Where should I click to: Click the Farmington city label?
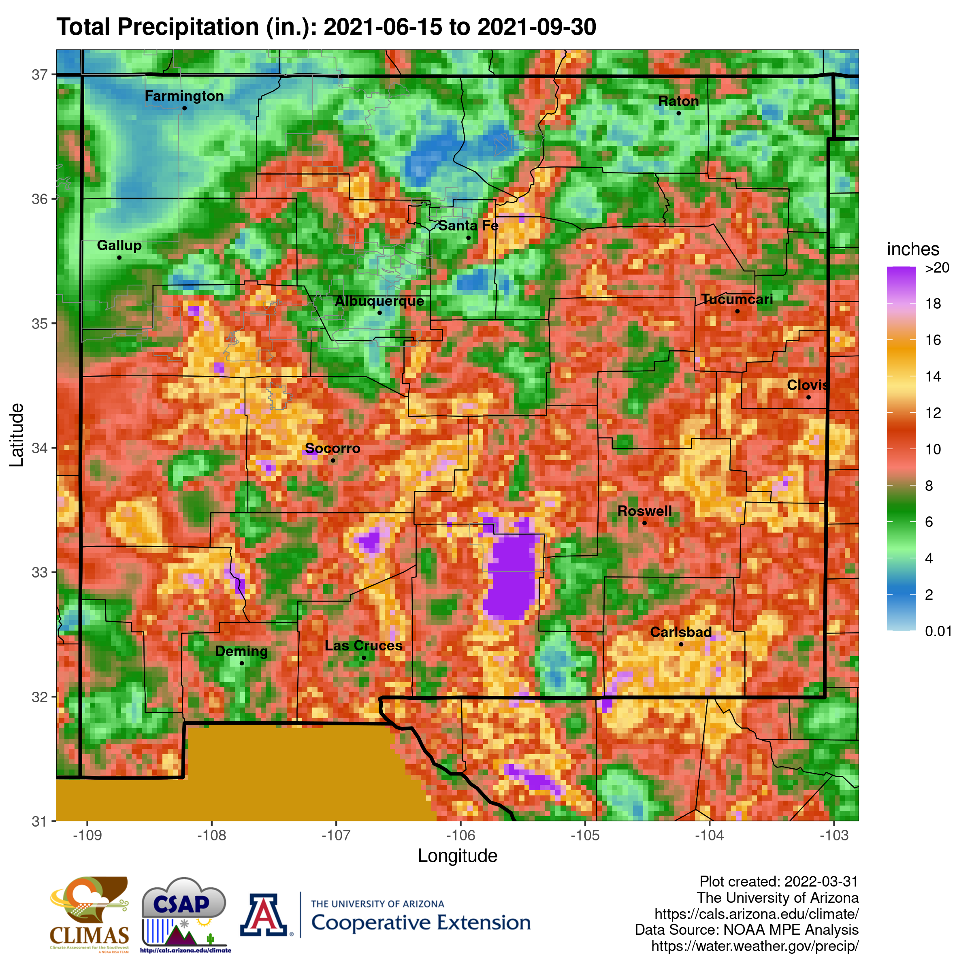click(x=184, y=96)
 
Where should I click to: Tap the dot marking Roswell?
click(x=644, y=523)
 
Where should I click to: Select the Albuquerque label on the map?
click(x=379, y=301)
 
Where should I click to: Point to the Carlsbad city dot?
click(x=681, y=644)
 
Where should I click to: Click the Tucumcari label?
click(x=737, y=299)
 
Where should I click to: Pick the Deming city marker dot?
click(x=241, y=663)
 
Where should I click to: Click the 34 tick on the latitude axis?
click(x=39, y=448)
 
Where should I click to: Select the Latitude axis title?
click(x=17, y=435)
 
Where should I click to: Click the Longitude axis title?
click(x=457, y=856)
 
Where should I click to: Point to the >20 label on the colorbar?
click(x=937, y=268)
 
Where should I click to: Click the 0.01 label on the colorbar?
click(x=938, y=631)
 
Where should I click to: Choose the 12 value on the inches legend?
click(x=933, y=413)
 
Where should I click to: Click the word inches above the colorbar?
click(x=912, y=249)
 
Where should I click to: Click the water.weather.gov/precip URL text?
click(x=755, y=946)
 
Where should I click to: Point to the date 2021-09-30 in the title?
click(x=536, y=27)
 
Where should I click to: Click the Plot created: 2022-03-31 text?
click(x=778, y=881)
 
